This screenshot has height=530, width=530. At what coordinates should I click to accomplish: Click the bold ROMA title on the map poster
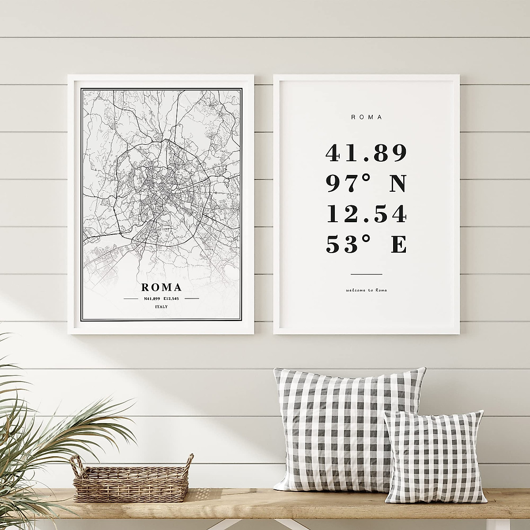(x=162, y=288)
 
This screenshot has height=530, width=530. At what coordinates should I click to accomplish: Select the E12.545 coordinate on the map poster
(x=173, y=299)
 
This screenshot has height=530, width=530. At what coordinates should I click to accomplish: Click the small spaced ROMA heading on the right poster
(x=366, y=117)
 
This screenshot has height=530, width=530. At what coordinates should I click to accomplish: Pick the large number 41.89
(x=366, y=153)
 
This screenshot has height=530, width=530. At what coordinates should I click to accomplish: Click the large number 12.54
(x=366, y=214)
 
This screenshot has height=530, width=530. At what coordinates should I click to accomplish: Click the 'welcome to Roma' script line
(x=366, y=290)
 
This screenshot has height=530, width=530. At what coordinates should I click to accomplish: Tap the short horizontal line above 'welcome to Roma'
(x=366, y=274)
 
